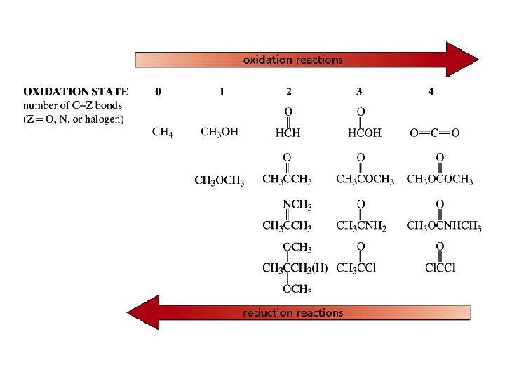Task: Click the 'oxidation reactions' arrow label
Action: [x=292, y=60]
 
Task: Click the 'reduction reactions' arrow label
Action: [x=292, y=312]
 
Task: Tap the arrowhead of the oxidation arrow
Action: [x=462, y=60]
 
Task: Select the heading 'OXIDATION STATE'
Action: [x=76, y=91]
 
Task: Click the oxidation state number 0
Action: [x=158, y=91]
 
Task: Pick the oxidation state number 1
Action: [x=222, y=91]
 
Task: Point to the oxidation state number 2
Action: [x=289, y=91]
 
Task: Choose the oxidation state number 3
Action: [x=359, y=91]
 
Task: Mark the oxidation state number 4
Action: [x=430, y=91]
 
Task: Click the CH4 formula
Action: [x=163, y=133]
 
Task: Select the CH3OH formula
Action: [x=220, y=133]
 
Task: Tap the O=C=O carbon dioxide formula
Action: [x=434, y=133]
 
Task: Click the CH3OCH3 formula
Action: [x=220, y=180]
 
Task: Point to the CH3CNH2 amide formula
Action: [x=361, y=226]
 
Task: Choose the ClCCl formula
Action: [x=440, y=267]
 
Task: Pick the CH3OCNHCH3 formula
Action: [x=443, y=226]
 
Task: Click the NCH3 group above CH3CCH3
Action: [x=297, y=205]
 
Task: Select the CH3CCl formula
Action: [x=356, y=267]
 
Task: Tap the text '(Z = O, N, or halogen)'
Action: [x=74, y=119]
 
